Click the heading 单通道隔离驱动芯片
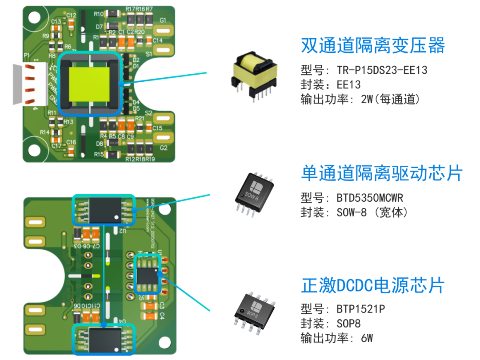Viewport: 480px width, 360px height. pyautogui.click(x=381, y=173)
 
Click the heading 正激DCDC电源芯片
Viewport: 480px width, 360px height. pyautogui.click(x=372, y=285)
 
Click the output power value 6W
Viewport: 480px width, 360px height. pyautogui.click(x=366, y=338)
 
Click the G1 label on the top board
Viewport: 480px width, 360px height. pyautogui.click(x=163, y=20)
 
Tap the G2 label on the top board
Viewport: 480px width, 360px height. pyautogui.click(x=163, y=148)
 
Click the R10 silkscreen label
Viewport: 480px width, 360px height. pyautogui.click(x=99, y=14)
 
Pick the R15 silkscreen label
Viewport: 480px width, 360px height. pyautogui.click(x=99, y=155)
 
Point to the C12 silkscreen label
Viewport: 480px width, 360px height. pyautogui.click(x=71, y=15)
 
